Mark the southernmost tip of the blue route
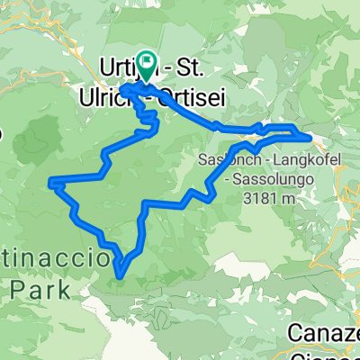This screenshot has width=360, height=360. [x=119, y=268]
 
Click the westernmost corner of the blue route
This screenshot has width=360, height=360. [x=51, y=183]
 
